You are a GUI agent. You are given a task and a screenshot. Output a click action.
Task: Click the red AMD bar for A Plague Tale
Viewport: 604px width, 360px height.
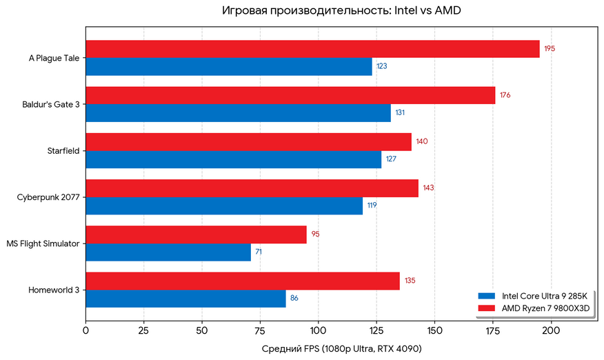(312, 49)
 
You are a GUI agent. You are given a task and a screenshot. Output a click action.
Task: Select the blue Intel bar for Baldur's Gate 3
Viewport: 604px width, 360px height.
(238, 113)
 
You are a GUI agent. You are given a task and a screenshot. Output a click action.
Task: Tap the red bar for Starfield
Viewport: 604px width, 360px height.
(248, 142)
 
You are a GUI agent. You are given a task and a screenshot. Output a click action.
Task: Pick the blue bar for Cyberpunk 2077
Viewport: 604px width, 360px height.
(224, 206)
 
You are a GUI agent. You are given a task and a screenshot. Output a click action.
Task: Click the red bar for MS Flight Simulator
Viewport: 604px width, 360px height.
(196, 234)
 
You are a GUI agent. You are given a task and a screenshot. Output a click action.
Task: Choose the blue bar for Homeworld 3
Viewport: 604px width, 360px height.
(185, 299)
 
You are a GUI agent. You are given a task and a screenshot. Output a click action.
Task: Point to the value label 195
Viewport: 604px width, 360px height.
(550, 48)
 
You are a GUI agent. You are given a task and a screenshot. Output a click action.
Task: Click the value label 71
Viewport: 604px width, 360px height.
(259, 252)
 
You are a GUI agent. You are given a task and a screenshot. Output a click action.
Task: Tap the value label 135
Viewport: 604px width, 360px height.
(410, 281)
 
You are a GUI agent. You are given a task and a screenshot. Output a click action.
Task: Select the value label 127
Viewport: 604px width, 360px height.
(391, 159)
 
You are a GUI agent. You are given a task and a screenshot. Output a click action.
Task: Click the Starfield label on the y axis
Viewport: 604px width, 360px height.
(63, 151)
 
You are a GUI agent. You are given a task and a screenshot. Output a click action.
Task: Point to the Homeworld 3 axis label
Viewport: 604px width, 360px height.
(54, 290)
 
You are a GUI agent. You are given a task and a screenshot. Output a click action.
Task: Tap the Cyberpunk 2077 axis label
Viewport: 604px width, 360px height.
(48, 197)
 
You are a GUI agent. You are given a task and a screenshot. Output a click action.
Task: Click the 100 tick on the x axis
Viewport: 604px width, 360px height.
(318, 330)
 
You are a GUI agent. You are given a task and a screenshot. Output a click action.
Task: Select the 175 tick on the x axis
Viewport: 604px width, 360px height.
(493, 330)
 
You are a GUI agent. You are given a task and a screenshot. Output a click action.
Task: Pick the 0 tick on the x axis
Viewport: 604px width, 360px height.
(85, 330)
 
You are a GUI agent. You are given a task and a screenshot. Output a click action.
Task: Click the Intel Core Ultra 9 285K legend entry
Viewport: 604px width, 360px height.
(533, 296)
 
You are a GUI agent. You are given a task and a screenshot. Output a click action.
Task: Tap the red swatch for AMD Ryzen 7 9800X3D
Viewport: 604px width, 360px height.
(487, 308)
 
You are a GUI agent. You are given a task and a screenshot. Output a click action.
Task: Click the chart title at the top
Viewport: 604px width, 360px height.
(341, 10)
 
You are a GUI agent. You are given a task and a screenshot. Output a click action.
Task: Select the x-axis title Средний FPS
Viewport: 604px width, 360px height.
(342, 349)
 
